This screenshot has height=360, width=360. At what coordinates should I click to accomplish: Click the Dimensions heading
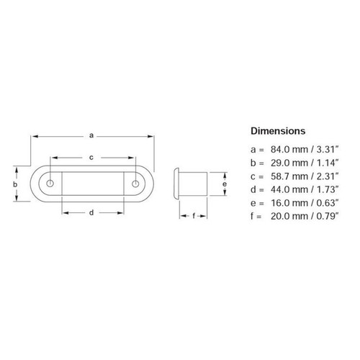278,131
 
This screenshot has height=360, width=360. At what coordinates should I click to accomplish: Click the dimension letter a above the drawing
91,134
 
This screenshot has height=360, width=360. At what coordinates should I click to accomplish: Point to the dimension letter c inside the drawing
91,156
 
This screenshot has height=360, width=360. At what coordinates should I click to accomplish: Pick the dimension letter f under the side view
192,215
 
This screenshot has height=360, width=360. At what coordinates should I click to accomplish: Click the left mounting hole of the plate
49,184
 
